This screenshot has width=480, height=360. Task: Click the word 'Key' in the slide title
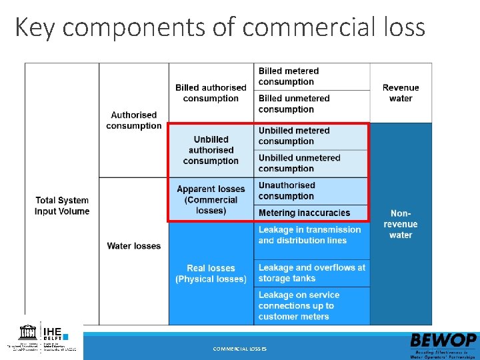(x=33, y=27)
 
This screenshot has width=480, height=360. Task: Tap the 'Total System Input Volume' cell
(x=62, y=205)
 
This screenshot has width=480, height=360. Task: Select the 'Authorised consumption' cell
(x=134, y=120)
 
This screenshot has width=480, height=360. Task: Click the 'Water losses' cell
(x=134, y=246)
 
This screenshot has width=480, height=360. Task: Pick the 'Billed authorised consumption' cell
(x=211, y=93)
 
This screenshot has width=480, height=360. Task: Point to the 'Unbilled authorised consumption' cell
(x=211, y=150)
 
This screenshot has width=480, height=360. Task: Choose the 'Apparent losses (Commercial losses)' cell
(x=211, y=199)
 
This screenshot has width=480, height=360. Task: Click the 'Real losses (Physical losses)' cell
(x=211, y=273)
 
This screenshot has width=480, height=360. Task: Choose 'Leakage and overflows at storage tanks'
(x=312, y=273)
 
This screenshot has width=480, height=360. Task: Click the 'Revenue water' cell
(x=401, y=93)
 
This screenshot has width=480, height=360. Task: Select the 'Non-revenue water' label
(x=401, y=224)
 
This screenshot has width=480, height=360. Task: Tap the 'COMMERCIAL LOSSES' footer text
(x=239, y=349)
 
